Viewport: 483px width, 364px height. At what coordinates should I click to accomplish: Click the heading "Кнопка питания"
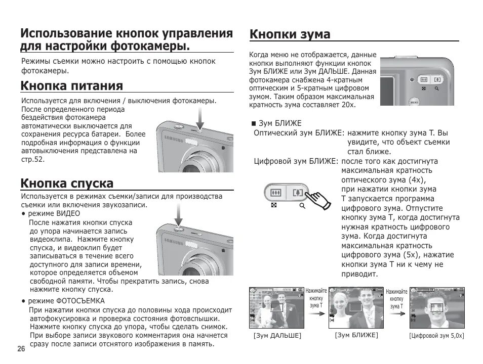pos(71,86)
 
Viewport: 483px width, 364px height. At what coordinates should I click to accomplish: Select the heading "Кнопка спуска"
pos(67,183)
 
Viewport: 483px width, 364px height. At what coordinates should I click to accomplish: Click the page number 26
pos(21,349)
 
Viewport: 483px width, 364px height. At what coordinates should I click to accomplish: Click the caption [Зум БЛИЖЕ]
pos(356,335)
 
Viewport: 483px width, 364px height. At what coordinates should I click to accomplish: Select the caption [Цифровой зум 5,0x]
pos(436,336)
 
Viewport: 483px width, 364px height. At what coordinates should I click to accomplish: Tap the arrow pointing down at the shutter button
pos(178,215)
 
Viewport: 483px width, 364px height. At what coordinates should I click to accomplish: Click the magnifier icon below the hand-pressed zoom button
pos(302,206)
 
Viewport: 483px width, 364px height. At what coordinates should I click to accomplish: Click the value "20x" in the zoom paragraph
pos(348,105)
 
